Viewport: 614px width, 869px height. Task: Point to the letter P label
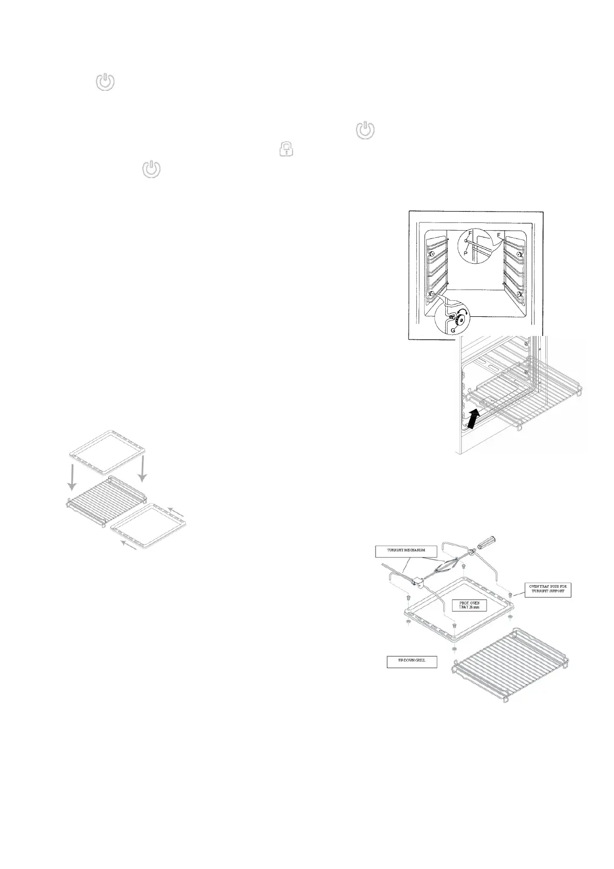[465, 253]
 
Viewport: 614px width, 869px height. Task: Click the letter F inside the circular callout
[470, 234]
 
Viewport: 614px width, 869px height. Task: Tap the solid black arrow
[475, 419]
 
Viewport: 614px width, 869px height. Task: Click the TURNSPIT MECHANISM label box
[406, 551]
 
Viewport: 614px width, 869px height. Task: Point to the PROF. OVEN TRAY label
[469, 605]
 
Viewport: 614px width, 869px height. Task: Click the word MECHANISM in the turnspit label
[417, 551]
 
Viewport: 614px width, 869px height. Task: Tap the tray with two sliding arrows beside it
[149, 528]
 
